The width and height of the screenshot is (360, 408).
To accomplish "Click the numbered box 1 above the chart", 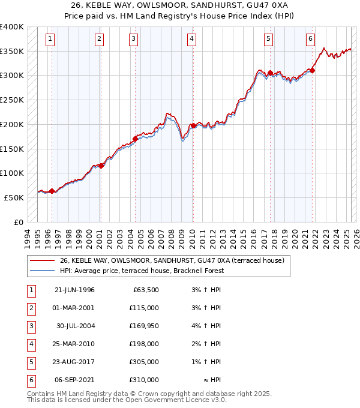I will coord(49,40).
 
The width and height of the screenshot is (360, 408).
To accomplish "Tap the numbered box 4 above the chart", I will coord(191,40).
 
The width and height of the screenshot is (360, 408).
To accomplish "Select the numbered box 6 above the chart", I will coord(310,40).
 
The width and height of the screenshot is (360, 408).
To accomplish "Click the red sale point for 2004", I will coord(135,139).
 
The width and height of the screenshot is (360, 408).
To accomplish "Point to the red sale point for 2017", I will coord(270,73).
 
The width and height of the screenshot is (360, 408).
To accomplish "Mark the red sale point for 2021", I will coord(313,71).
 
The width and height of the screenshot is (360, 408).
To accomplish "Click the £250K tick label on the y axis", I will coord(11,100).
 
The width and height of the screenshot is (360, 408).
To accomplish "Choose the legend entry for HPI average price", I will coord(141,271).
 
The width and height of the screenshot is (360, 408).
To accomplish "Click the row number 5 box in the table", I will coord(31,362).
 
